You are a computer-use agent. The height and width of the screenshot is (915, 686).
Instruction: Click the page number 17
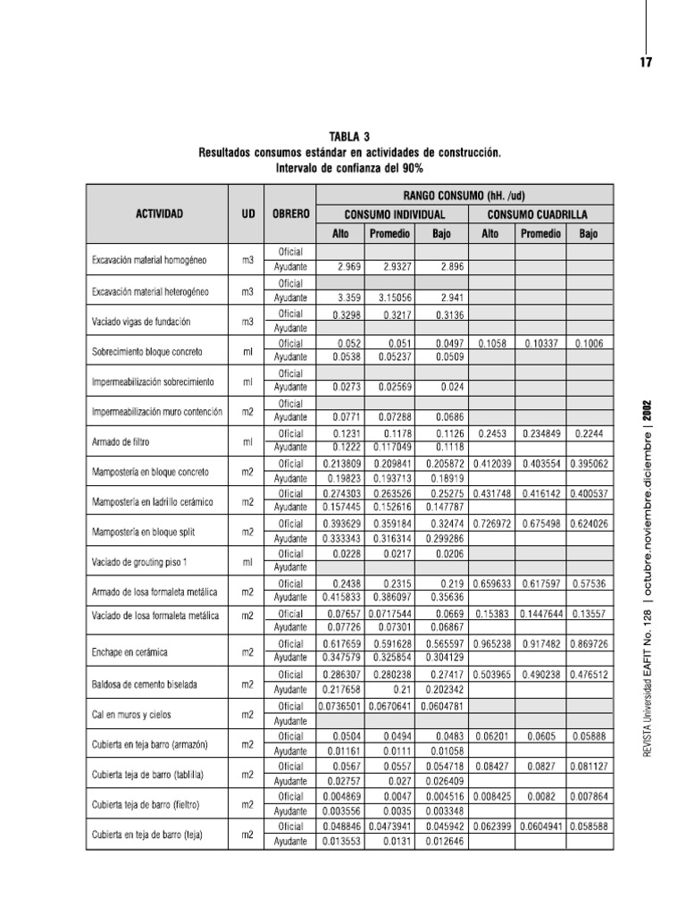click(647, 62)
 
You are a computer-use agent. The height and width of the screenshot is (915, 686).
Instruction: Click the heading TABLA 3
click(349, 137)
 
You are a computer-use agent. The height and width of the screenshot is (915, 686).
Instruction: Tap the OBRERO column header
click(290, 214)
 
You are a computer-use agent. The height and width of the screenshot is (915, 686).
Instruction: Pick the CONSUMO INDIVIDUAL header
click(395, 214)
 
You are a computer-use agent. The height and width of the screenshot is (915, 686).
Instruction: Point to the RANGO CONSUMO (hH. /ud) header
click(468, 194)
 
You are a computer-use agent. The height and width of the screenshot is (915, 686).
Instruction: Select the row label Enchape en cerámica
click(131, 651)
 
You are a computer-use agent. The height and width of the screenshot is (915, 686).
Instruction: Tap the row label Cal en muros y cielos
click(132, 713)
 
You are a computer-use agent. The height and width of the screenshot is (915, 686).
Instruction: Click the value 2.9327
click(389, 267)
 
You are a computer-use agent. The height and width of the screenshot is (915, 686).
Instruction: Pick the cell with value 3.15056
click(389, 298)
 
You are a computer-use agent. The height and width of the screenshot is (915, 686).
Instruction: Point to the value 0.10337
click(541, 342)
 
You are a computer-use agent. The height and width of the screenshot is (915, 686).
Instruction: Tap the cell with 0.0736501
click(340, 705)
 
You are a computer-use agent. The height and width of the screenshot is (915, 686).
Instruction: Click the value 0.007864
click(589, 796)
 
